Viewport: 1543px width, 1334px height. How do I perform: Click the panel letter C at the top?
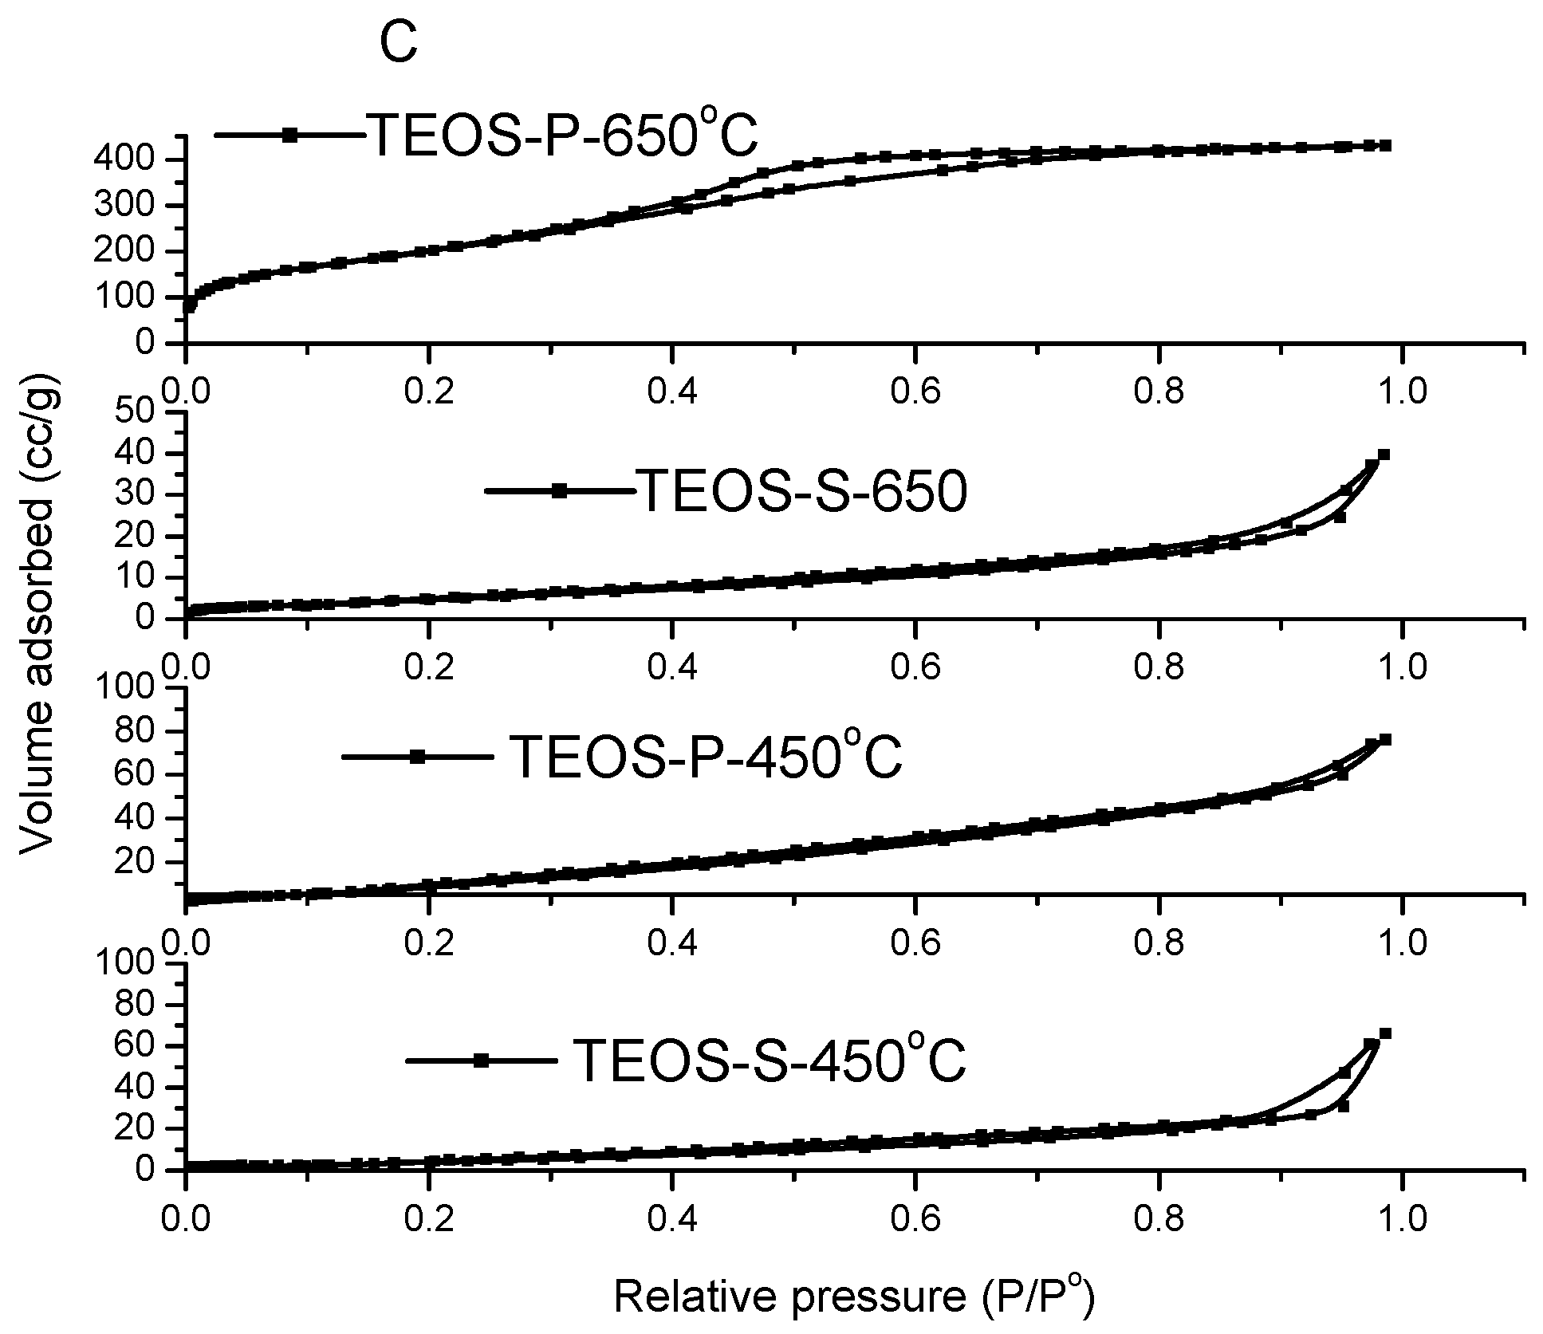click(x=398, y=45)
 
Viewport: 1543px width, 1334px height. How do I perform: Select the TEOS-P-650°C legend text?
click(x=561, y=136)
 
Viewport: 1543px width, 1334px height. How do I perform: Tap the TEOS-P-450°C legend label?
click(x=705, y=758)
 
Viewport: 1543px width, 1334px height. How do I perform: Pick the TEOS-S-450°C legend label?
click(x=769, y=1061)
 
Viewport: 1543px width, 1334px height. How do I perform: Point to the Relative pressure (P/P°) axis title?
click(x=853, y=1296)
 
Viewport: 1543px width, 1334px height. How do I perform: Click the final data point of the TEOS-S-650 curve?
click(x=1384, y=455)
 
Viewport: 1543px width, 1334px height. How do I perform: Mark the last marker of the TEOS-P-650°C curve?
click(x=1387, y=145)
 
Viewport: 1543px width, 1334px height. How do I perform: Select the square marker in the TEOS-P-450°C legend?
click(x=416, y=757)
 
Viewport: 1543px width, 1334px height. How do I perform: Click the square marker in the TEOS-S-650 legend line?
click(x=560, y=491)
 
